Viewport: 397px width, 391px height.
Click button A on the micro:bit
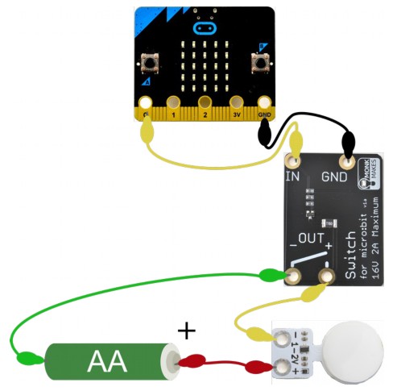[x=149, y=62]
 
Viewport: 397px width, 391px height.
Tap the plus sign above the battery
[x=186, y=330]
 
